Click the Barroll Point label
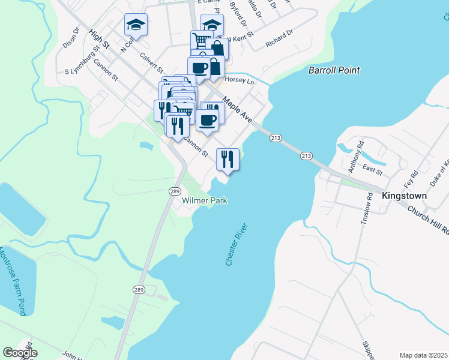click(x=334, y=70)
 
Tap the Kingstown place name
click(x=404, y=196)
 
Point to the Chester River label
click(x=237, y=244)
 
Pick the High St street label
click(x=99, y=40)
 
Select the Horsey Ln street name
click(x=240, y=80)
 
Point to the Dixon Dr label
click(x=71, y=38)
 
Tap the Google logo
click(x=20, y=353)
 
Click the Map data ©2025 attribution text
click(x=423, y=355)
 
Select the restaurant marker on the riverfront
click(x=228, y=159)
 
